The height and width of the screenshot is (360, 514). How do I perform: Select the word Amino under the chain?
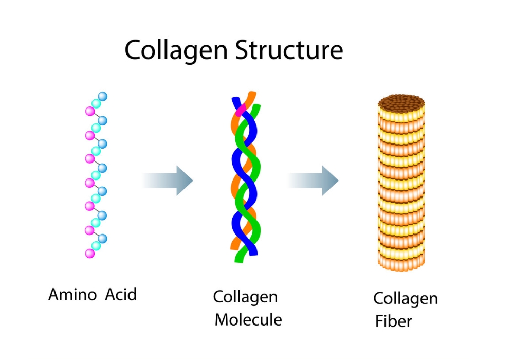72,295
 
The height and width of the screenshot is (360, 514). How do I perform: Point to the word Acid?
121,295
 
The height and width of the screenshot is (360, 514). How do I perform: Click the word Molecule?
248,320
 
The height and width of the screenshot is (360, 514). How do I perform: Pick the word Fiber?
393,322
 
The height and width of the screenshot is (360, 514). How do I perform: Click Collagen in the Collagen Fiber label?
406,298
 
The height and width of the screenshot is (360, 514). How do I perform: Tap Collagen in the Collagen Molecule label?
245,297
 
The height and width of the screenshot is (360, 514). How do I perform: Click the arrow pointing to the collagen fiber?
314,181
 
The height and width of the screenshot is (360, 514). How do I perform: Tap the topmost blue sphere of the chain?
102,96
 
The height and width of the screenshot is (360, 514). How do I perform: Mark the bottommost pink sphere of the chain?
90,253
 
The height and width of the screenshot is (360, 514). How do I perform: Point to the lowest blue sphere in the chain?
102,239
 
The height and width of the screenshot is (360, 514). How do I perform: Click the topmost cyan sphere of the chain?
96,103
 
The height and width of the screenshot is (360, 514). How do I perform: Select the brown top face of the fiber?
401,103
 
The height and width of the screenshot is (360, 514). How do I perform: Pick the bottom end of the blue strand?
253,251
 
